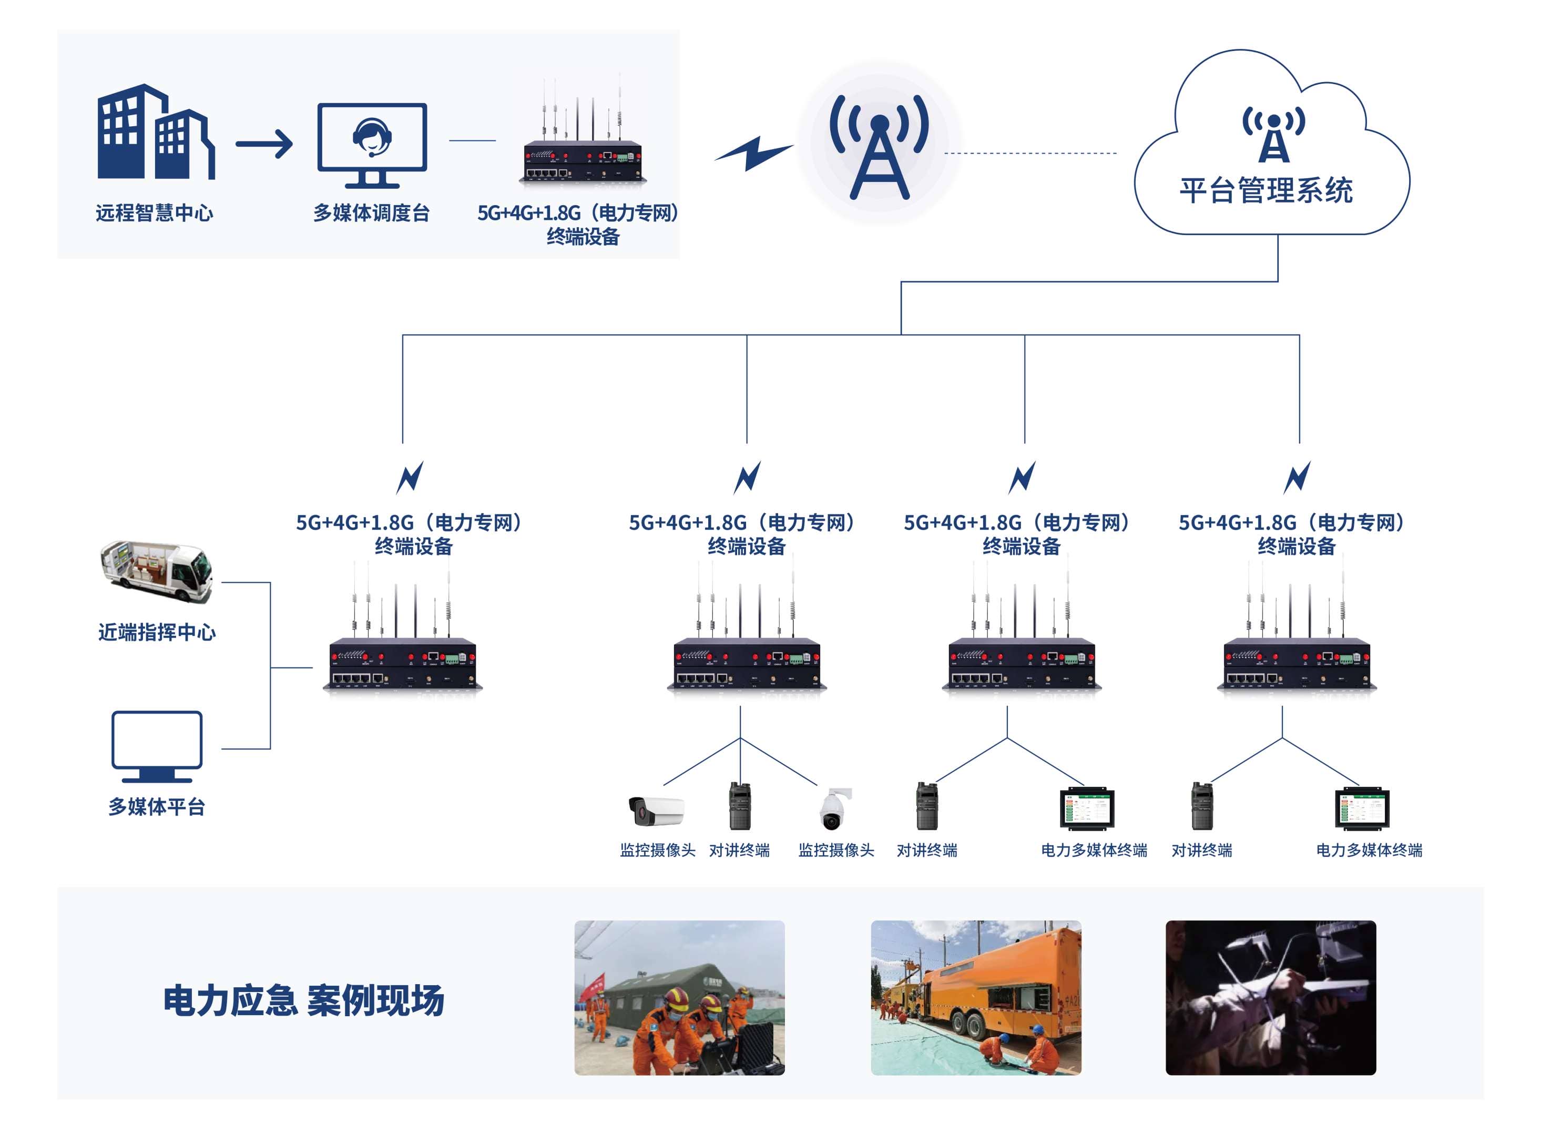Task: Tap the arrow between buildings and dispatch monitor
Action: [264, 144]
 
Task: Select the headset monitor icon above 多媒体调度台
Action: [372, 144]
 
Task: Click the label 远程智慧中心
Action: [155, 212]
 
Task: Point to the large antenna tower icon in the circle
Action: [879, 147]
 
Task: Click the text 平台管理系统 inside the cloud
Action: [1266, 190]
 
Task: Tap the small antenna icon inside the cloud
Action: [1273, 134]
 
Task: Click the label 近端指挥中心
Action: [157, 632]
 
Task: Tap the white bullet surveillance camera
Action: [656, 809]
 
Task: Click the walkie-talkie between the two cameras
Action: [739, 806]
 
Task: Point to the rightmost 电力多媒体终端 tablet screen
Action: [1362, 808]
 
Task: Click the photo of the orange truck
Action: [975, 997]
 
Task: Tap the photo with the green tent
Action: [679, 997]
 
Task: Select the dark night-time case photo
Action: [1270, 997]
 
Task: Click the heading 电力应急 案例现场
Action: [303, 1000]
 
